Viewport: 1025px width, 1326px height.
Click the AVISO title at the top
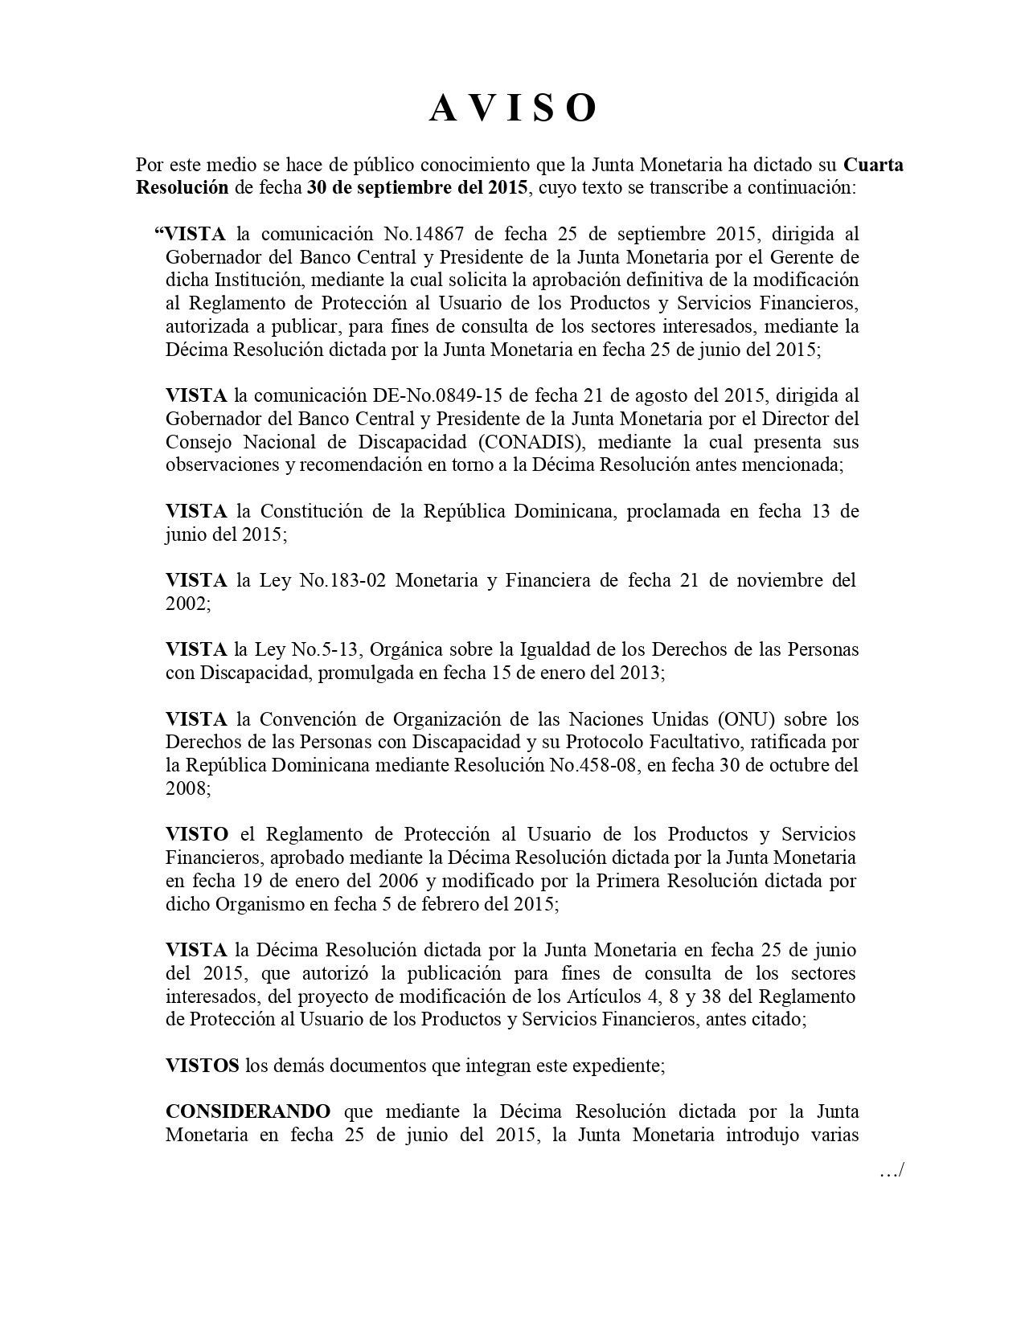click(x=513, y=108)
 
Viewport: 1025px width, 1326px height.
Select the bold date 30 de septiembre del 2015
click(x=417, y=188)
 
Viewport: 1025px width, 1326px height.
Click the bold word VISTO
click(x=197, y=834)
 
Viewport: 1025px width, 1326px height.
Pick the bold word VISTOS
click(x=203, y=1066)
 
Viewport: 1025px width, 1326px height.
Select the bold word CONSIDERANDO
click(x=248, y=1112)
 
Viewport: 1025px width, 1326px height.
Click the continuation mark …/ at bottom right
click(x=892, y=1172)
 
